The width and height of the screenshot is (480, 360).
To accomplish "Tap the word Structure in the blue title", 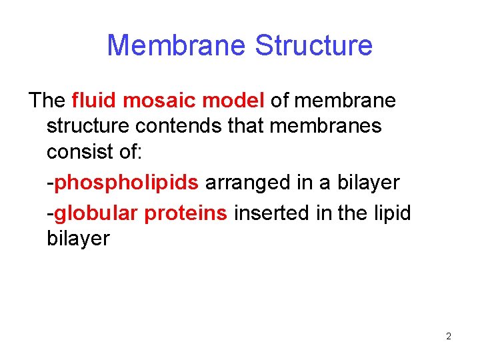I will (x=313, y=45).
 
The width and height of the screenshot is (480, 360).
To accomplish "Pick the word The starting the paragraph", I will (x=47, y=101).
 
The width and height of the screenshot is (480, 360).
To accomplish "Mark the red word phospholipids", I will (x=126, y=183).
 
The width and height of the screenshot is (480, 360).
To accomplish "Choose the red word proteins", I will (x=187, y=213).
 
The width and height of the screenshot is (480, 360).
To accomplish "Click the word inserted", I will (x=271, y=213).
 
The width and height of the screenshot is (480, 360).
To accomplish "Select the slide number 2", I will (x=448, y=336).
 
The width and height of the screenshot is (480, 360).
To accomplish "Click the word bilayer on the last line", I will (x=78, y=239).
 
